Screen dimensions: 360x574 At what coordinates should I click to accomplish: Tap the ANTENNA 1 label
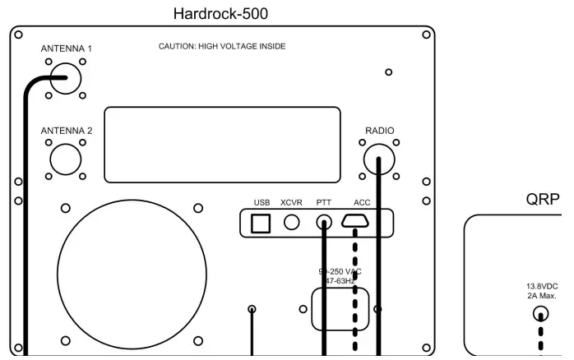click(x=67, y=48)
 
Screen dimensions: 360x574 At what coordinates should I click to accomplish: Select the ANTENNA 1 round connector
click(x=66, y=79)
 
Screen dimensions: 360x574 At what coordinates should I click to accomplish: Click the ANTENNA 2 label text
click(x=67, y=129)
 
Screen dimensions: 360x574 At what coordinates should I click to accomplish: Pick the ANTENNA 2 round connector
click(x=66, y=159)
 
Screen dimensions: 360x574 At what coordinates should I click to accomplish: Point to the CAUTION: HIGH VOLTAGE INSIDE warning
click(x=222, y=47)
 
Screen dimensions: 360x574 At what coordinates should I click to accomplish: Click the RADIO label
click(x=380, y=130)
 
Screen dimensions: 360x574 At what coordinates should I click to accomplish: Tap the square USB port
click(x=262, y=222)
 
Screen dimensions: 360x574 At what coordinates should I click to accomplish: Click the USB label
click(x=262, y=202)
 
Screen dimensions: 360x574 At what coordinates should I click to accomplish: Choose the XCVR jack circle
click(x=291, y=222)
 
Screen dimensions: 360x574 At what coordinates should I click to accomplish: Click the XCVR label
click(x=291, y=202)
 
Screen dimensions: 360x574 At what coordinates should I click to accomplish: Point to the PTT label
click(x=324, y=202)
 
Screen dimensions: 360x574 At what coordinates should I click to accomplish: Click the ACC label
click(x=362, y=202)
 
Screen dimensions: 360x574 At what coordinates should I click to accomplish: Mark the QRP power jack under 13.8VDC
click(x=540, y=313)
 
